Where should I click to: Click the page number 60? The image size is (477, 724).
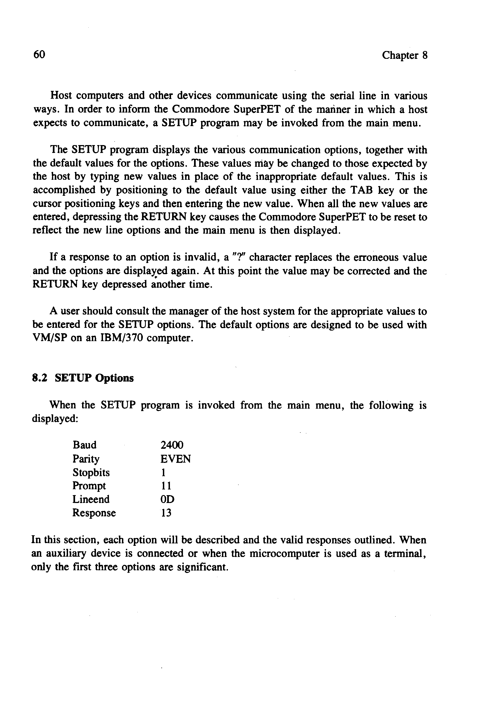[39, 55]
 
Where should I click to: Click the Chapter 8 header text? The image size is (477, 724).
[405, 55]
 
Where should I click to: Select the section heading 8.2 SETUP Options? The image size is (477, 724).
[83, 378]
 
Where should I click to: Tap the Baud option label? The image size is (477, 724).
[85, 445]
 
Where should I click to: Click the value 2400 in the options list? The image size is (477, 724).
[172, 445]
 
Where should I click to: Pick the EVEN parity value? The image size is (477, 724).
[176, 459]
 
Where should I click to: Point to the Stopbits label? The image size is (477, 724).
[91, 472]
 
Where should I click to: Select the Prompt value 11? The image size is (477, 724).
[166, 486]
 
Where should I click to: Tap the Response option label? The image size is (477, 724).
[94, 513]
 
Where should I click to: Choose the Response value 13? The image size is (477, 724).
[166, 513]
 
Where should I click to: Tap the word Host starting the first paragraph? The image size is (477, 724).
[61, 96]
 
